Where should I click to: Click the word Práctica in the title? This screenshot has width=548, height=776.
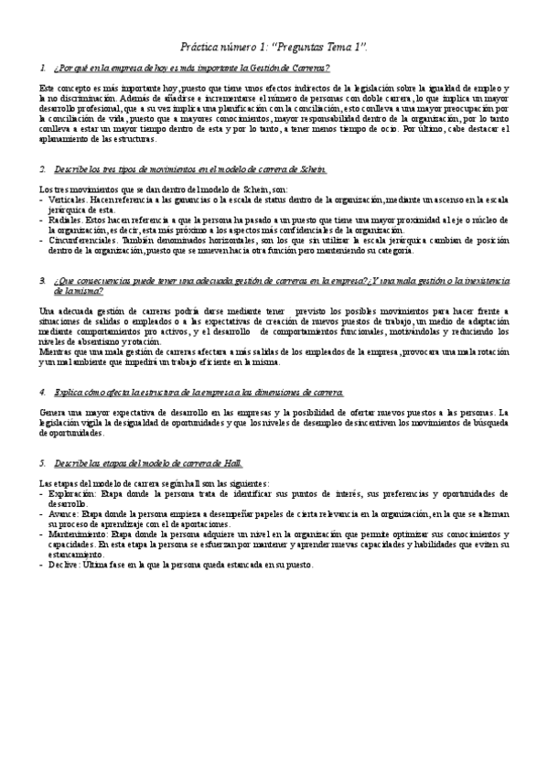[x=199, y=46]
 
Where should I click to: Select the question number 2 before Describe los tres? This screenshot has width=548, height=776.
[x=42, y=170]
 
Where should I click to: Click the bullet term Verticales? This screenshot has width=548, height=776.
[x=70, y=198]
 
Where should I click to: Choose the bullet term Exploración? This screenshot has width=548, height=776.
[x=73, y=493]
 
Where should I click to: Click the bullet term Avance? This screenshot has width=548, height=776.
[x=66, y=514]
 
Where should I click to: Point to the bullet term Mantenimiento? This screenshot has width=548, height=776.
[x=80, y=535]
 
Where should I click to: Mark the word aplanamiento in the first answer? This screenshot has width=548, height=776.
[x=63, y=140]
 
